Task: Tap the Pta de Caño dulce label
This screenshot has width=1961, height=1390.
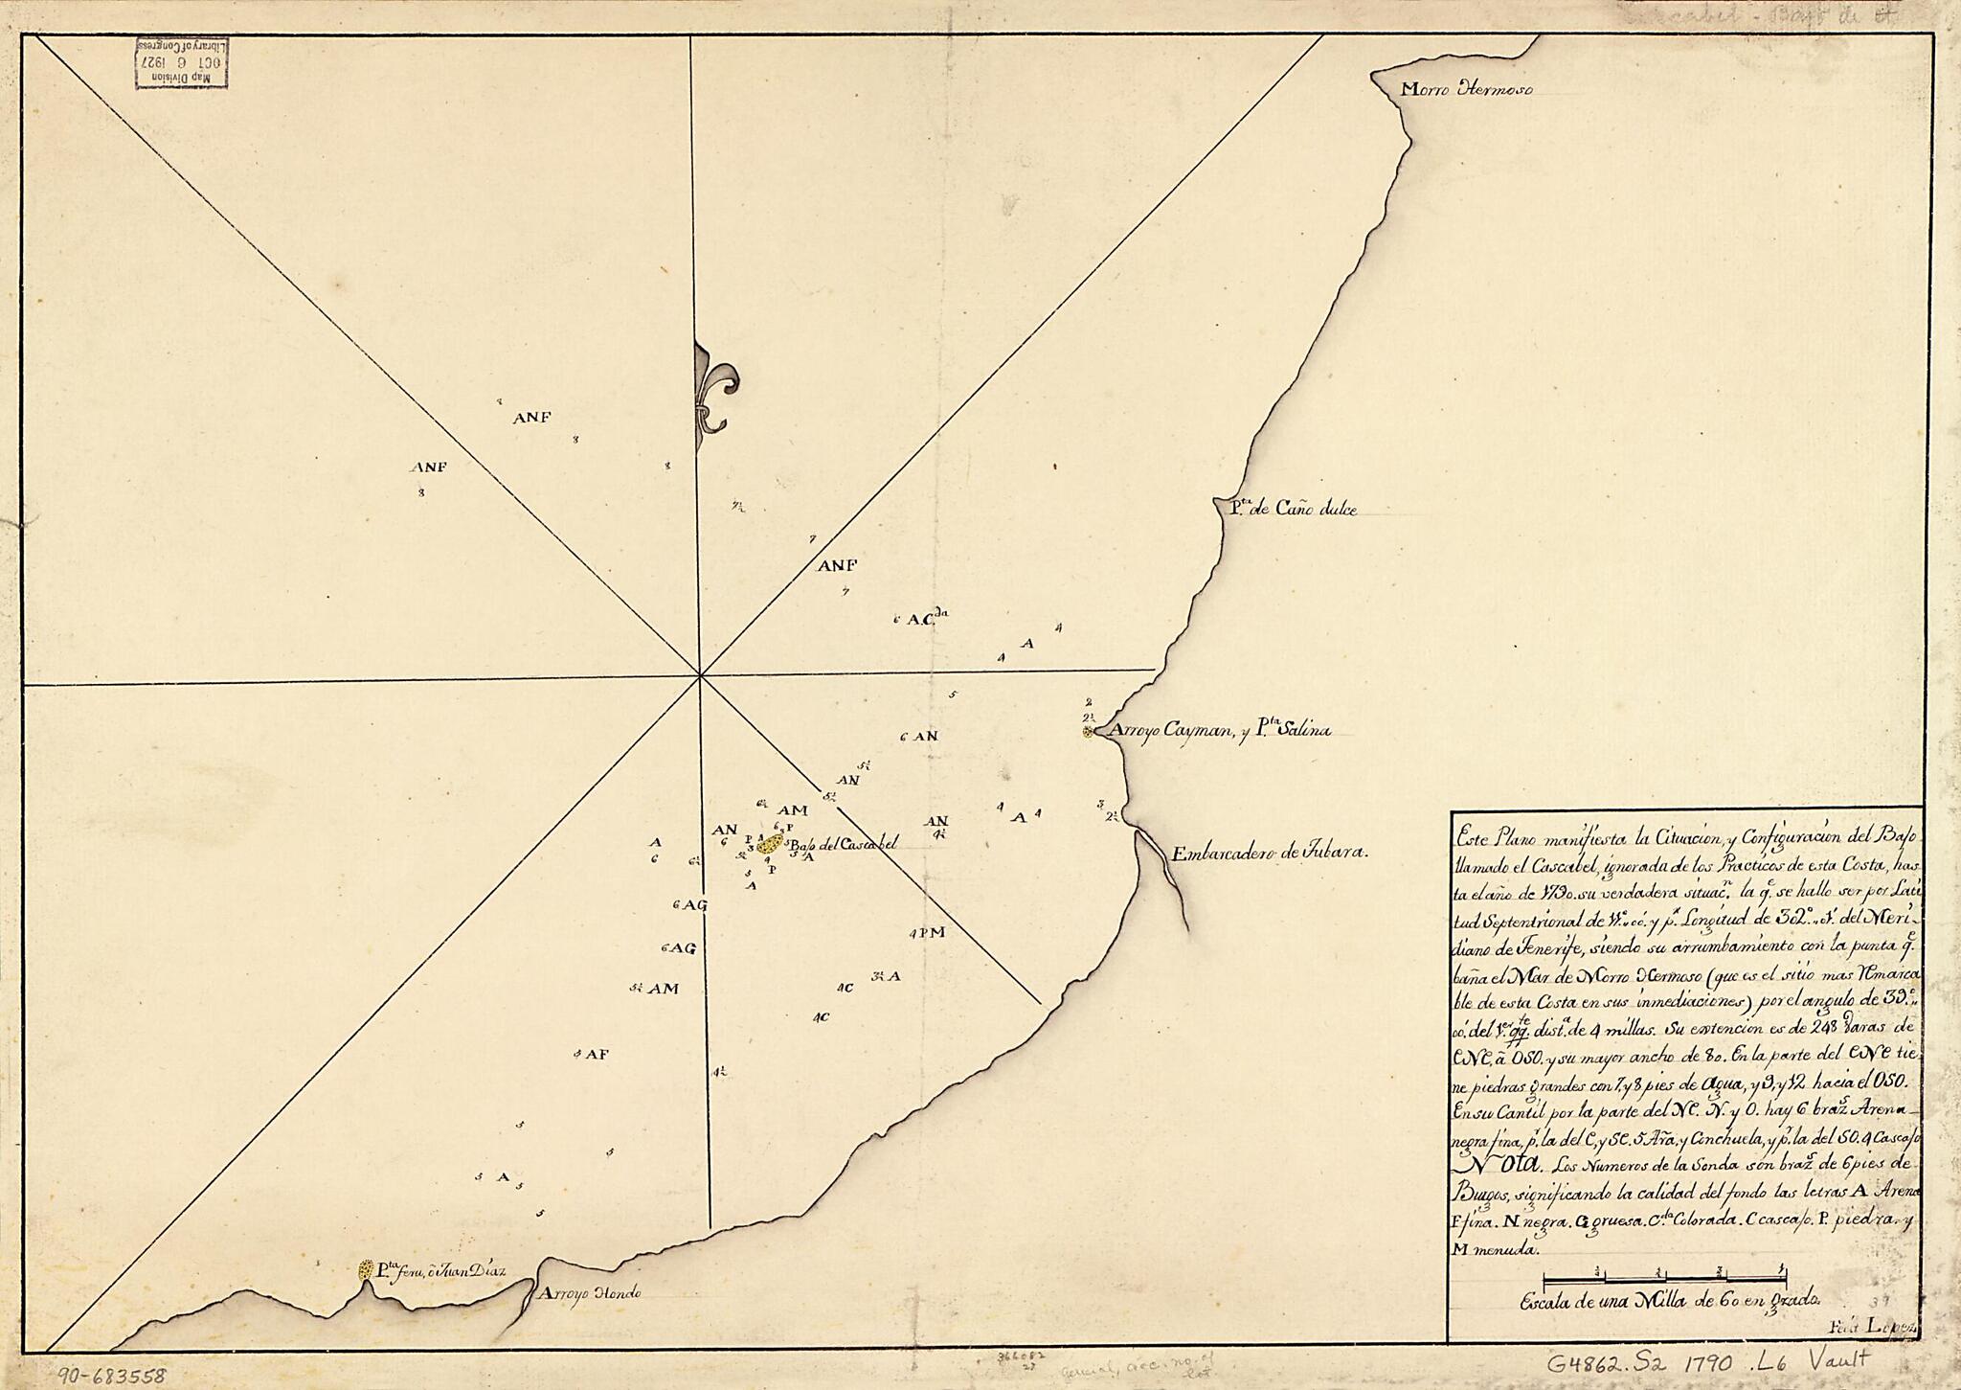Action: [x=1293, y=511]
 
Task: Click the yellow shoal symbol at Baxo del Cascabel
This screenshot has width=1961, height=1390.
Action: [x=769, y=844]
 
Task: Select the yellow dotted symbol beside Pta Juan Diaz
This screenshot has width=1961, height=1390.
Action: [x=365, y=1270]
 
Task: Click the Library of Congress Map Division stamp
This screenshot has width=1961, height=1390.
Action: [x=181, y=63]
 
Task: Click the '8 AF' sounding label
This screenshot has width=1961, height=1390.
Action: [x=592, y=1054]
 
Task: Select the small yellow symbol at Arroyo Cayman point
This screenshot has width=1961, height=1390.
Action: [x=1088, y=733]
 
